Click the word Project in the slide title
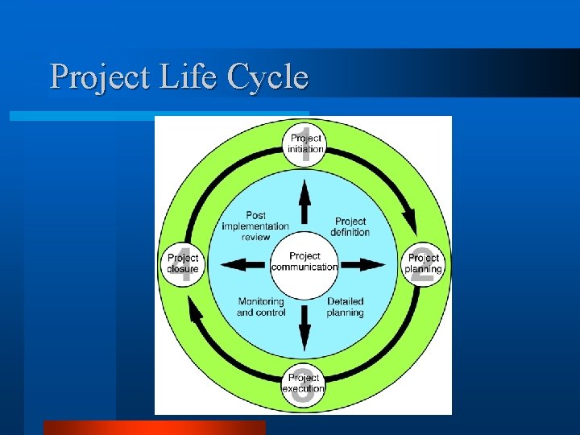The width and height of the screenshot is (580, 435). [88, 77]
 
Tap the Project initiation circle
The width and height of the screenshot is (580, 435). [304, 143]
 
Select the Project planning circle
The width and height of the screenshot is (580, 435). [423, 263]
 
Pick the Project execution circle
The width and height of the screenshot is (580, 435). [303, 383]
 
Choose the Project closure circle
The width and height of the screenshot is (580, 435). [183, 263]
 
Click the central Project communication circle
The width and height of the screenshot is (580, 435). [304, 262]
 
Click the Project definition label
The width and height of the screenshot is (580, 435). [350, 226]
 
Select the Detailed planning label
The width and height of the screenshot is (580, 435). [345, 307]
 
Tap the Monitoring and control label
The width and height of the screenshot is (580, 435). [261, 307]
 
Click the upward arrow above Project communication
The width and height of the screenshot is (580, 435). [304, 201]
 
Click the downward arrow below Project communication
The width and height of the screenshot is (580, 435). [304, 325]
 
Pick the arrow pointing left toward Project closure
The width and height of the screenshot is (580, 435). [242, 264]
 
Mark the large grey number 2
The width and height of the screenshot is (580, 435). [422, 269]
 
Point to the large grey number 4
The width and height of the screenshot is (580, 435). [185, 266]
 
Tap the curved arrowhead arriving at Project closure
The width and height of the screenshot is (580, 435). [194, 309]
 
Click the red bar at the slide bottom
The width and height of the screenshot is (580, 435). [154, 428]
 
